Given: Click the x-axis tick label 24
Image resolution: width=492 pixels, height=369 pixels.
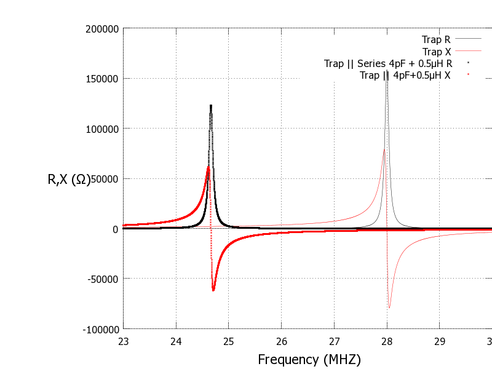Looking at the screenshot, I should [x=176, y=341].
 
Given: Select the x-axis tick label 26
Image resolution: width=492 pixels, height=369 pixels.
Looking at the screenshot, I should [x=282, y=341].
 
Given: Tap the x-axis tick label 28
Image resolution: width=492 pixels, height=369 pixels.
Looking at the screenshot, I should [x=387, y=341].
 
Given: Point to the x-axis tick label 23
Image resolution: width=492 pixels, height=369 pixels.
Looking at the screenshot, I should [x=123, y=341].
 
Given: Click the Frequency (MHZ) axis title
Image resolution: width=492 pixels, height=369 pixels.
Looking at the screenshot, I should [x=309, y=359].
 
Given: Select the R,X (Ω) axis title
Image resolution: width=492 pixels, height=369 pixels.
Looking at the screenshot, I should [x=69, y=180].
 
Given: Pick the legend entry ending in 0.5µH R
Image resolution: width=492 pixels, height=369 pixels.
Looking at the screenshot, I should [x=389, y=63].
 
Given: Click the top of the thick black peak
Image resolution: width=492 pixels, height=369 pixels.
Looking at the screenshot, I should [x=211, y=106].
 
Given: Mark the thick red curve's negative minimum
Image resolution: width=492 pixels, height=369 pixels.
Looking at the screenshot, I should [x=213, y=290].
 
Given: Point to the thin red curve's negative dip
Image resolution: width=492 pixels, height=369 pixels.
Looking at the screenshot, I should [x=389, y=307].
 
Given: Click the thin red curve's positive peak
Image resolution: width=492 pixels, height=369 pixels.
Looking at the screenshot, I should [x=384, y=149].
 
